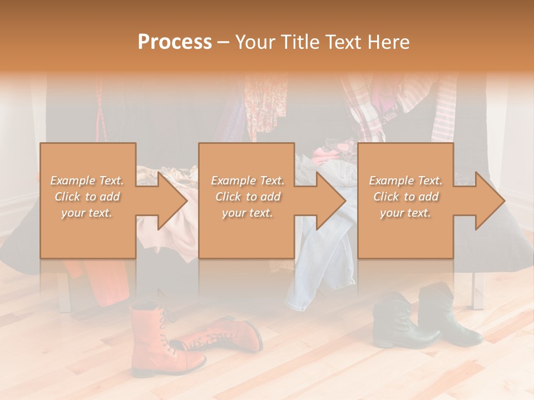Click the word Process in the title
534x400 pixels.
(175, 42)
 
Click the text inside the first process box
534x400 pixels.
(87, 197)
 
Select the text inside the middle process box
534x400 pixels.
(247, 197)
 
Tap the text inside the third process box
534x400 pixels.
(406, 197)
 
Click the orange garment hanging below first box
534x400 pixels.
(100, 278)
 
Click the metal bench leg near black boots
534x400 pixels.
(477, 289)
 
